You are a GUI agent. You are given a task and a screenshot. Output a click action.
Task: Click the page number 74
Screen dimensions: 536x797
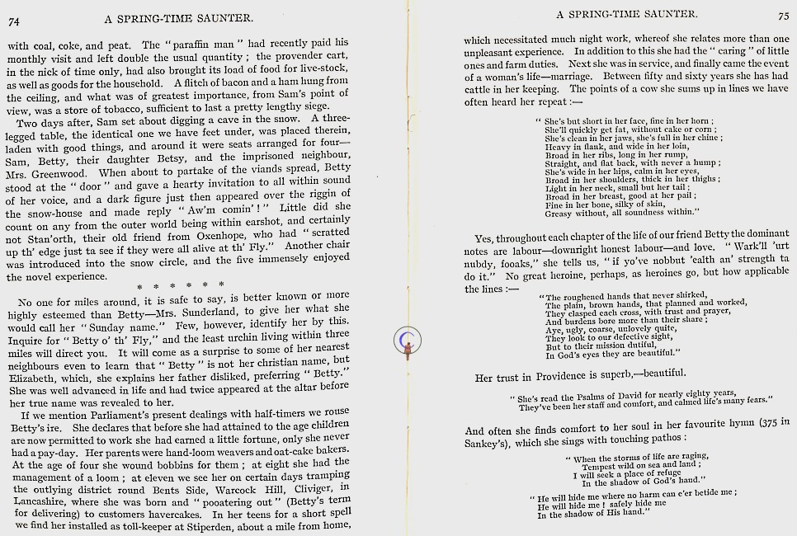14,22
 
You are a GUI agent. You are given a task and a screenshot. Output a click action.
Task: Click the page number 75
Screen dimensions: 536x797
782,15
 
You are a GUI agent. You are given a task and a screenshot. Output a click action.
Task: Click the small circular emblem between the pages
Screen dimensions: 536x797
406,340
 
